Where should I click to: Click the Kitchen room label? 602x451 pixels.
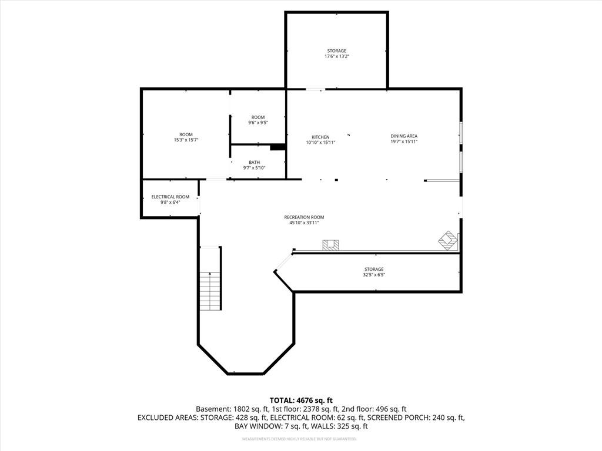320,137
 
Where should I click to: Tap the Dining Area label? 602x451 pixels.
404,136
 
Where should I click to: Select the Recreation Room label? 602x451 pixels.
304,217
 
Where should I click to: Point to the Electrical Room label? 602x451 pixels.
170,197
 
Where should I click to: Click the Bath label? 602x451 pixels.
254,162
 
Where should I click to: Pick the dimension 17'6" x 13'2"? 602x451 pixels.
337,56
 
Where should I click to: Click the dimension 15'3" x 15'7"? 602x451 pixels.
186,140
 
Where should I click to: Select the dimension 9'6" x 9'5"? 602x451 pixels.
258,123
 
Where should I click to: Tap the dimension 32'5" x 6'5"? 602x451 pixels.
374,275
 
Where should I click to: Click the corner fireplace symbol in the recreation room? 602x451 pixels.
448,241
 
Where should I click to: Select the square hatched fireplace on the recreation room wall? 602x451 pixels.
330,245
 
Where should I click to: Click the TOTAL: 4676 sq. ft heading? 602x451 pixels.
301,400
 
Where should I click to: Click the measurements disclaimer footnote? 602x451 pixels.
299,439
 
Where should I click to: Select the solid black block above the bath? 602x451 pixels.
277,147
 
